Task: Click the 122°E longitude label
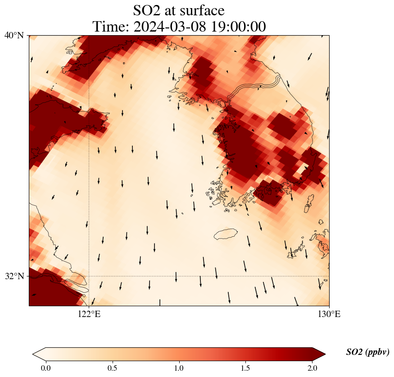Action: pyautogui.click(x=89, y=314)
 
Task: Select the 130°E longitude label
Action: pyautogui.click(x=329, y=314)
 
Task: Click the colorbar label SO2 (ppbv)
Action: pyautogui.click(x=367, y=352)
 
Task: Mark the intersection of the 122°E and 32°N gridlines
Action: pyautogui.click(x=89, y=276)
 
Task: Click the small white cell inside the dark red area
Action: pyautogui.click(x=299, y=170)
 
